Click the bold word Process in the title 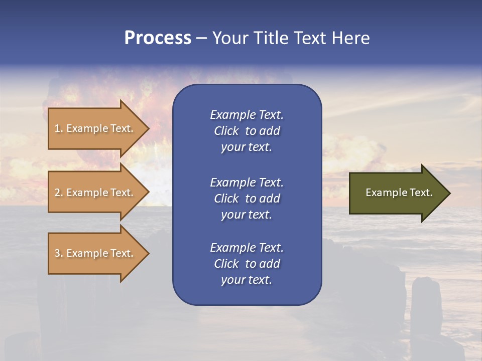[158, 38]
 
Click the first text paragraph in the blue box [247, 131]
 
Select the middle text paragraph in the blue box [247, 199]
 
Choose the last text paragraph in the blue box [247, 264]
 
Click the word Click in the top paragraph [226, 131]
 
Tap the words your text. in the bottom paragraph [247, 280]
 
